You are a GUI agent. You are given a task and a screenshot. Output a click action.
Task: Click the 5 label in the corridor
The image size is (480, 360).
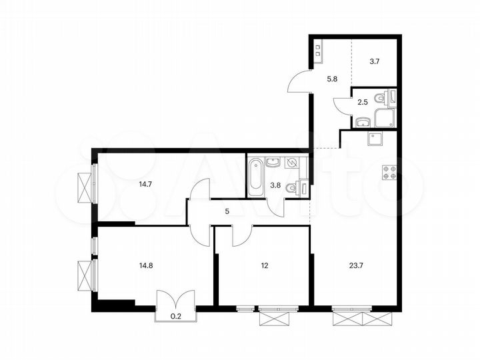click(x=227, y=212)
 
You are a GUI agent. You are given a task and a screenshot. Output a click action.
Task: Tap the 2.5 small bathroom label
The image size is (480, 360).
click(x=363, y=102)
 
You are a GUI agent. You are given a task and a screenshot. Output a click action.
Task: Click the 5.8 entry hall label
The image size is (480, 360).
click(x=331, y=78)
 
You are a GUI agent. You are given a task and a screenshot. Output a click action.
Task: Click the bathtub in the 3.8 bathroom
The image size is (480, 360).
click(x=255, y=177)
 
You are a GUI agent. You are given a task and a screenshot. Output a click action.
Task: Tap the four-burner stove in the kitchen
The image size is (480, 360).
click(x=389, y=171)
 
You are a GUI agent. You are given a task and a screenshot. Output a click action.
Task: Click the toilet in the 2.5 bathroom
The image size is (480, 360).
click(x=381, y=98)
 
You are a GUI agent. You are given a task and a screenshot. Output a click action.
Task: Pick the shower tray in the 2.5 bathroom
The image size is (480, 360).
click(x=385, y=119)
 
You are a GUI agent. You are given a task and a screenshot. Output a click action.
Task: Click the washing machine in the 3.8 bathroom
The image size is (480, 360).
click(x=293, y=163)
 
